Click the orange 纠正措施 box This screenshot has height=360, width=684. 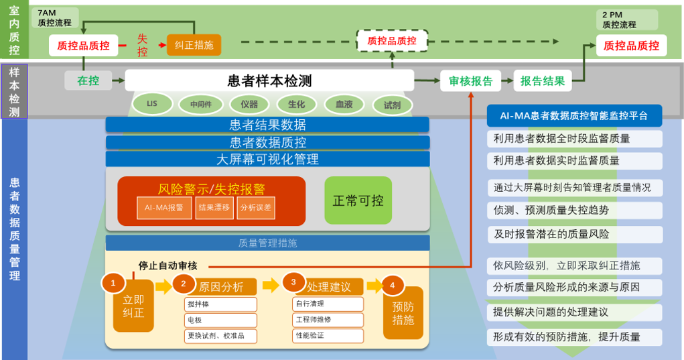point(194,45)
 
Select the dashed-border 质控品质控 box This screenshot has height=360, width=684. point(392,42)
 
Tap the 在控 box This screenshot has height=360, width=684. point(88,80)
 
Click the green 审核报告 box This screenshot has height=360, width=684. point(470,81)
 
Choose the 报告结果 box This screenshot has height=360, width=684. point(543,81)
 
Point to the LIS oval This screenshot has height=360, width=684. point(152,104)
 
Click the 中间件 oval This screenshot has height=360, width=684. point(200,105)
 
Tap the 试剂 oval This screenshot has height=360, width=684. point(392,105)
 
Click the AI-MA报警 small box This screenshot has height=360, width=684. point(164,208)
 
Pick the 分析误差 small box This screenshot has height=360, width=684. point(256,208)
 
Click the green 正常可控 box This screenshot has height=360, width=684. point(358,200)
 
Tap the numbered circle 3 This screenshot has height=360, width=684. point(293,282)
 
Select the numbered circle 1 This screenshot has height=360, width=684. point(113,283)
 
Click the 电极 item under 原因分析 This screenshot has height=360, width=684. point(220,320)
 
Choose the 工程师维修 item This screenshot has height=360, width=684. point(328,320)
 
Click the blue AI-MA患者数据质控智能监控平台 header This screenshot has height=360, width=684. point(574,115)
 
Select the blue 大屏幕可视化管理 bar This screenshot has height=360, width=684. point(267,160)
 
